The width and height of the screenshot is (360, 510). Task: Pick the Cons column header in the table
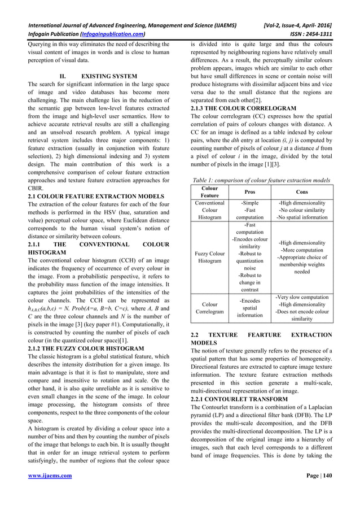pyautogui.click(x=301, y=191)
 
